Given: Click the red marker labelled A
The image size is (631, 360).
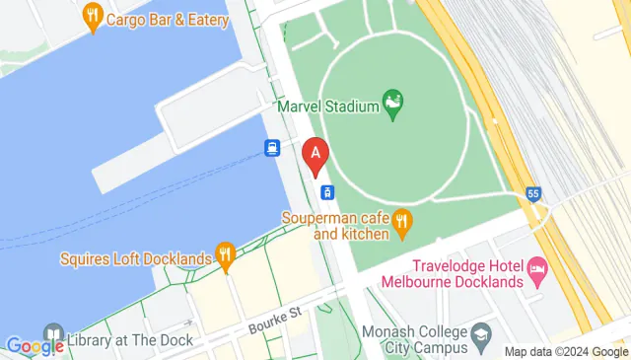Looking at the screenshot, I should (315, 156).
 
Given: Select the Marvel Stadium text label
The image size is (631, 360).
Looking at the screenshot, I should (327, 106).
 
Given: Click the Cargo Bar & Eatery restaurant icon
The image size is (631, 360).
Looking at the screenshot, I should (94, 17).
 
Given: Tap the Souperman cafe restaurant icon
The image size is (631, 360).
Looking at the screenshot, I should (401, 224).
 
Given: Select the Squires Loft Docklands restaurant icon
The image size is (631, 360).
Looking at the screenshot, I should (225, 258).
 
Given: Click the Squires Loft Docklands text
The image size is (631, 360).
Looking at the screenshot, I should (135, 259).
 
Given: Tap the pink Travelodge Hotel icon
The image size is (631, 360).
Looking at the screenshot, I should (537, 266).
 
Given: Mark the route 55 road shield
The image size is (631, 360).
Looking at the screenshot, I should (533, 194).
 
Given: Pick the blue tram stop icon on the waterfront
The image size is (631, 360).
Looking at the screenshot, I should (271, 148).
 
